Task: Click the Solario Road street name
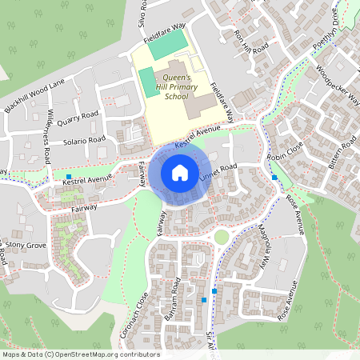tap(86, 140)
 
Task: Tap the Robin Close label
tap(286, 151)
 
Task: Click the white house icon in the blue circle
tap(180, 172)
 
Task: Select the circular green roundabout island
tap(221, 237)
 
